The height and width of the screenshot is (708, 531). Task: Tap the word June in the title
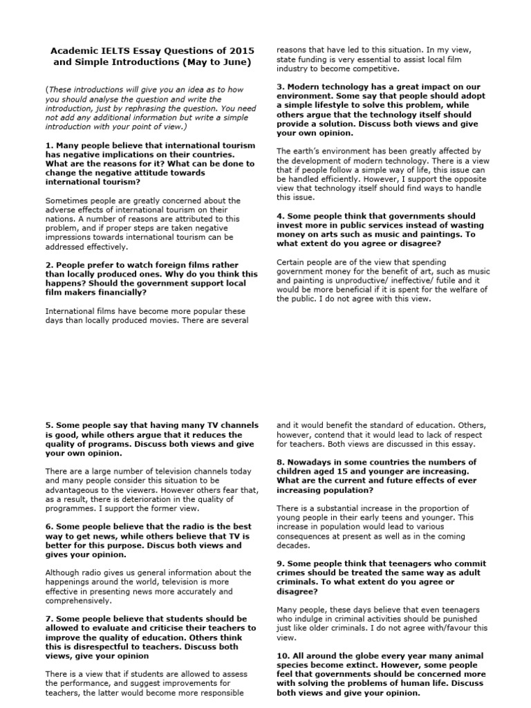[x=229, y=62]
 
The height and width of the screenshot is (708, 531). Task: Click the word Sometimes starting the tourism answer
[x=68, y=200]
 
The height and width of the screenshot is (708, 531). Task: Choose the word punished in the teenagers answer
[x=434, y=619]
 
